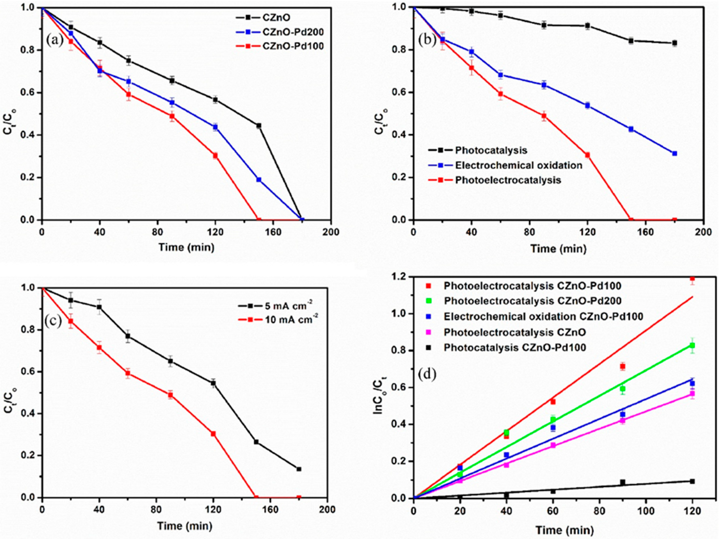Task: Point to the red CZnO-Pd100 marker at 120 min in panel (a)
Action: tap(215, 156)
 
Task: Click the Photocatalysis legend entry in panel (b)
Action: tap(491, 150)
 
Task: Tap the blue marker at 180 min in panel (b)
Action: tap(675, 153)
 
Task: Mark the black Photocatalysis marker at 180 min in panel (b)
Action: tap(675, 43)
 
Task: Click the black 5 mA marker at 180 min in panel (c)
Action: tap(299, 469)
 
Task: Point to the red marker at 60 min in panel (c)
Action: tap(128, 373)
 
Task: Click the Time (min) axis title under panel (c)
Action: tap(185, 526)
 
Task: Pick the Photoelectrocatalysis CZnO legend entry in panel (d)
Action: tap(515, 332)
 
